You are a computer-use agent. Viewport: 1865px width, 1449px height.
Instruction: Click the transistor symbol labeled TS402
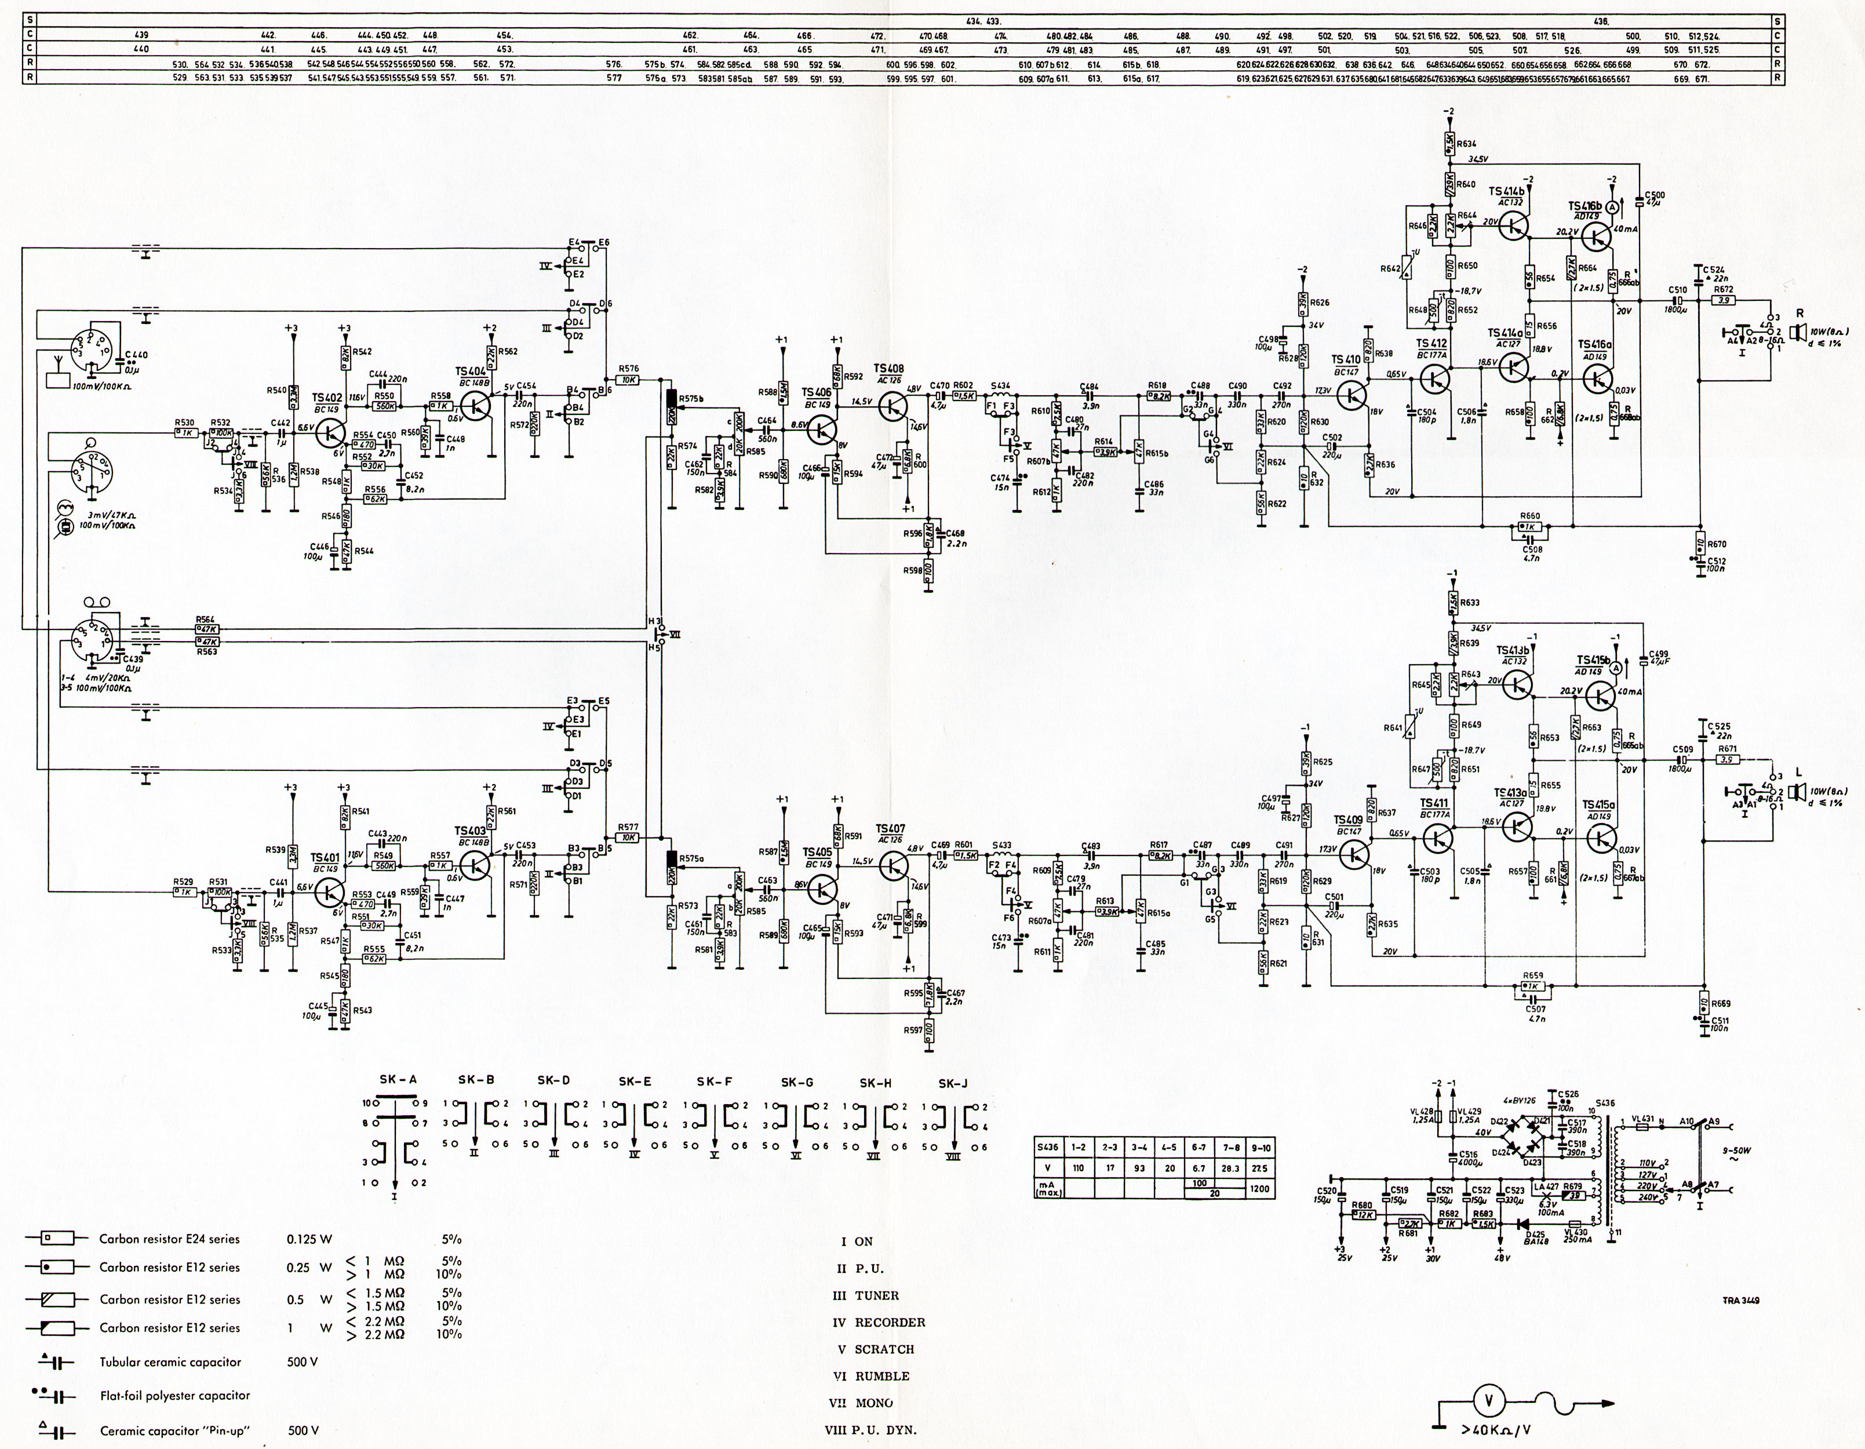pos(330,433)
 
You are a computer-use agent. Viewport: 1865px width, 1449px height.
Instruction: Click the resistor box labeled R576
pos(629,379)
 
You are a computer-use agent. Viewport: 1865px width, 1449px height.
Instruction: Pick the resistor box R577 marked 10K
pos(629,838)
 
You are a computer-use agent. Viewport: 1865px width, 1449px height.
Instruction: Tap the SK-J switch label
pos(952,1083)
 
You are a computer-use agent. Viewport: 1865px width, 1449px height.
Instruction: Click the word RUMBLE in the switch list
pos(882,1375)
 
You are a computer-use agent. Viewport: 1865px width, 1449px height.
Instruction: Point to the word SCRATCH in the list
pos(884,1349)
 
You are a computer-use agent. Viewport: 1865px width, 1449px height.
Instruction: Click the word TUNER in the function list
pos(877,1295)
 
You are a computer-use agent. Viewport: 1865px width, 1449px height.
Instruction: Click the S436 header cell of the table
pos(1048,1148)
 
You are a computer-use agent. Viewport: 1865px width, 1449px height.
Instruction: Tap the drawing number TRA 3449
pos(1740,1301)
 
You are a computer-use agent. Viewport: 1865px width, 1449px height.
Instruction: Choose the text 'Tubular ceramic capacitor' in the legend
pos(170,1362)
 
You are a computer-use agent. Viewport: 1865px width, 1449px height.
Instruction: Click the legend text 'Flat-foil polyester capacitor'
pos(175,1395)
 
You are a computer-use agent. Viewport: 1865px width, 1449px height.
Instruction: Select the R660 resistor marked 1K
pos(1530,527)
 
